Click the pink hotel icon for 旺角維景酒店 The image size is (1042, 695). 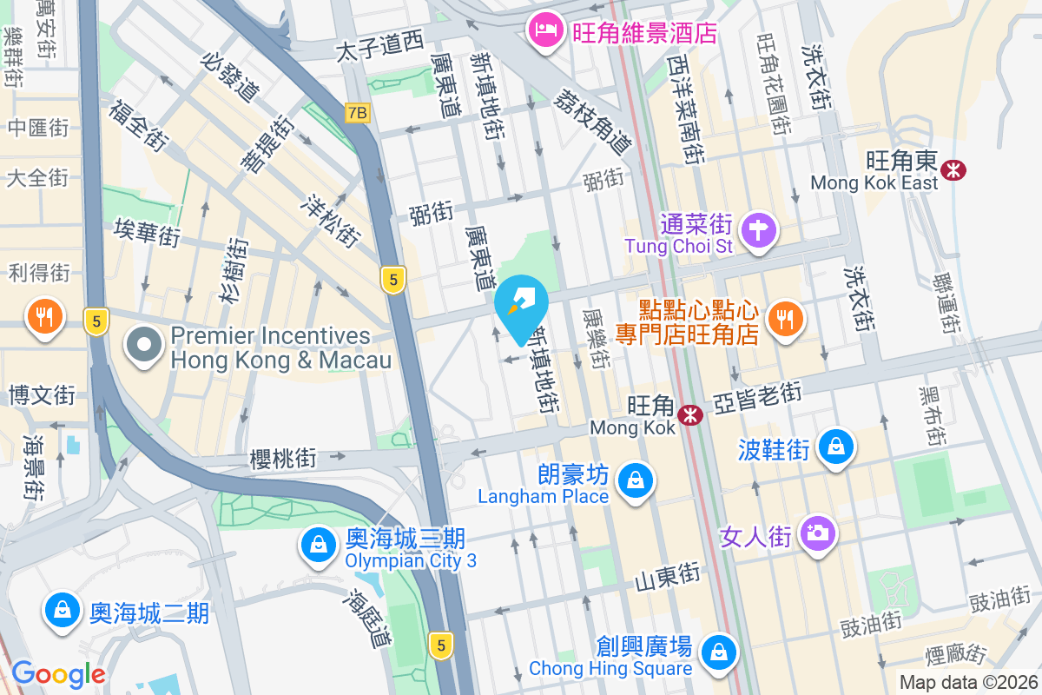pyautogui.click(x=544, y=32)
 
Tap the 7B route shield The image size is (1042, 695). pyautogui.click(x=357, y=113)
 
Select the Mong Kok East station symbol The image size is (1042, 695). pyautogui.click(x=955, y=169)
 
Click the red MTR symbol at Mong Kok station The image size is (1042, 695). pyautogui.click(x=690, y=415)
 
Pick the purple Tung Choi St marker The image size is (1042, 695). pyautogui.click(x=760, y=231)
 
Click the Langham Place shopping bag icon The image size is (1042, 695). pyautogui.click(x=636, y=480)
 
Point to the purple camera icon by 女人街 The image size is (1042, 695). pyautogui.click(x=817, y=532)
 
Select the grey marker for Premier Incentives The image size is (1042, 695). pyautogui.click(x=144, y=347)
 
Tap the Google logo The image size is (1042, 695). pyautogui.click(x=58, y=674)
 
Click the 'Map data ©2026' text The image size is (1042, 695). pyautogui.click(x=968, y=683)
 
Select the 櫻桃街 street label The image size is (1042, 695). pyautogui.click(x=282, y=458)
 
